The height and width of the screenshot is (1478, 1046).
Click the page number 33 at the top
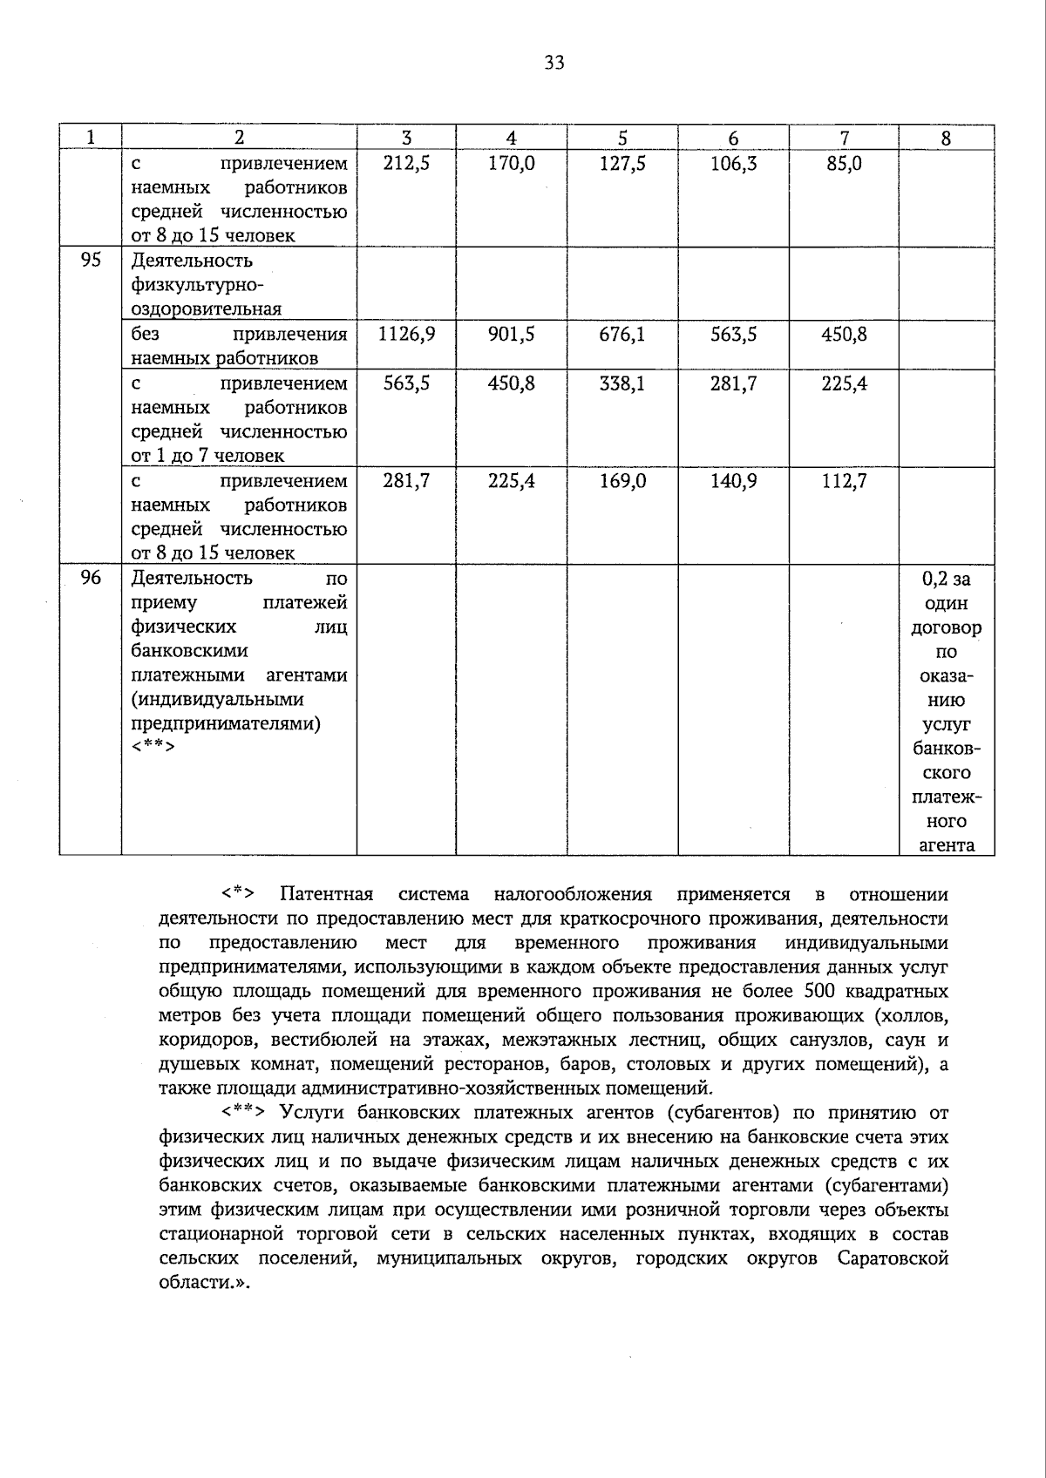click(554, 63)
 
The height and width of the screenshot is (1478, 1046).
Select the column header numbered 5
click(622, 138)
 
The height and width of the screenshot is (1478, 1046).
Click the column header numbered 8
click(946, 138)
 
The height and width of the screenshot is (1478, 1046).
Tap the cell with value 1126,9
click(406, 335)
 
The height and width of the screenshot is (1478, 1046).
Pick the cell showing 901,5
click(512, 335)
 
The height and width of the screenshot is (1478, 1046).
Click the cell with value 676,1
click(622, 335)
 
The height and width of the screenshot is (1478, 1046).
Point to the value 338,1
click(622, 383)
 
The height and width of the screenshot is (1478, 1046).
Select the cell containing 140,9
click(733, 481)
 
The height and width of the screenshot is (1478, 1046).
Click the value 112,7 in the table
click(844, 481)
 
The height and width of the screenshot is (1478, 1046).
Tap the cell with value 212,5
click(406, 164)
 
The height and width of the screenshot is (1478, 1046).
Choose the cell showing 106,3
click(733, 164)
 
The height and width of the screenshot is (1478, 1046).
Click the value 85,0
click(844, 164)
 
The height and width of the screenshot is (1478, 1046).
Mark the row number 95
click(91, 261)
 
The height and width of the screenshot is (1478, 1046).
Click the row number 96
click(91, 579)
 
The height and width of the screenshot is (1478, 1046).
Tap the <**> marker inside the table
click(153, 748)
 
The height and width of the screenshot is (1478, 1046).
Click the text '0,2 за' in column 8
click(946, 579)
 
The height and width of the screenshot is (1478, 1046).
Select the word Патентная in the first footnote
click(326, 894)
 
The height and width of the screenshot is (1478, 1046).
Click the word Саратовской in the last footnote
click(893, 1259)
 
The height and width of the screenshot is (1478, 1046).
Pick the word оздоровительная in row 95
click(206, 309)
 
